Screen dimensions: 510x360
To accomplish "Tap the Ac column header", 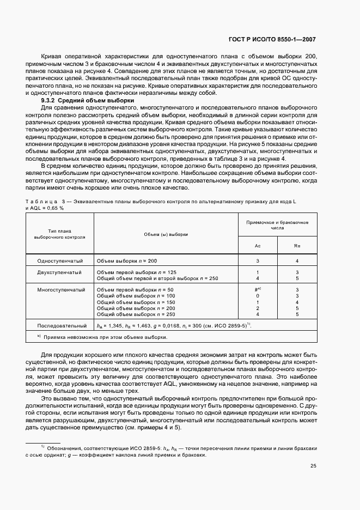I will click(258, 246).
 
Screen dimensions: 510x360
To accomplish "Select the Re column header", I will click(297, 246).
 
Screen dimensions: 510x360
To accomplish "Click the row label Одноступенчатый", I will click(60, 261).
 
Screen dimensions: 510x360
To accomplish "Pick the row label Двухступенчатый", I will click(60, 271).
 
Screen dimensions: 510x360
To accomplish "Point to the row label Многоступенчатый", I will click(60, 289).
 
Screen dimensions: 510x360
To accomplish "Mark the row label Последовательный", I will click(60, 325).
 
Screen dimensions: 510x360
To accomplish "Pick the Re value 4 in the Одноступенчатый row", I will click(297, 261).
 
